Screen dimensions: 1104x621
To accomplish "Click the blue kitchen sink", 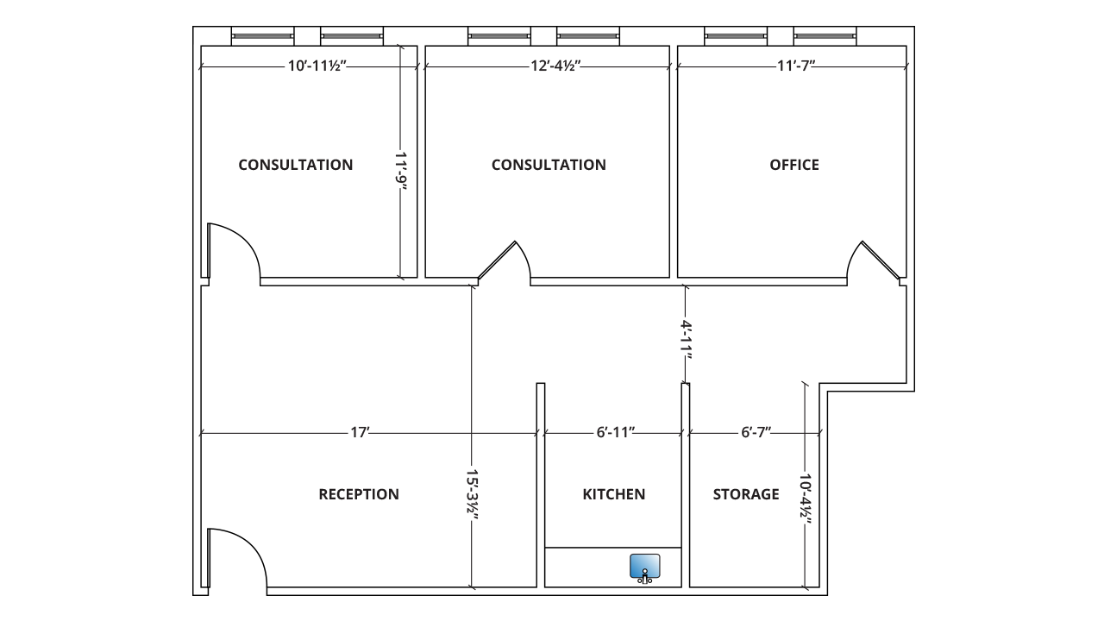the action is pyautogui.click(x=644, y=567).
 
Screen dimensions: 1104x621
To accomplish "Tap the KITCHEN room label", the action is pyautogui.click(x=613, y=494).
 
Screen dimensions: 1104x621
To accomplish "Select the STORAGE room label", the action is pyautogui.click(x=746, y=494).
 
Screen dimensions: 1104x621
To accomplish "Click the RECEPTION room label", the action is pyautogui.click(x=359, y=494).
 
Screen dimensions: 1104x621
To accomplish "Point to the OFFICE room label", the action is pyautogui.click(x=794, y=165).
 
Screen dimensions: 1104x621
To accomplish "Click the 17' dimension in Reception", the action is pyautogui.click(x=360, y=432).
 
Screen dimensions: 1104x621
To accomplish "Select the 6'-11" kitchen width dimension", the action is pyautogui.click(x=615, y=432).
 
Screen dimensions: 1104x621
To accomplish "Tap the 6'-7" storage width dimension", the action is pyautogui.click(x=756, y=432).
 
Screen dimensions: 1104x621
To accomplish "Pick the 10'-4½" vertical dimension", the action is pyautogui.click(x=806, y=496).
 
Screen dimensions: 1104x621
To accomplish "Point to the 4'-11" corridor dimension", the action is pyautogui.click(x=686, y=340).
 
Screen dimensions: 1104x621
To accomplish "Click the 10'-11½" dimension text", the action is pyautogui.click(x=317, y=66).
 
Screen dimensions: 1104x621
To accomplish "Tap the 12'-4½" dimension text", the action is pyautogui.click(x=555, y=66).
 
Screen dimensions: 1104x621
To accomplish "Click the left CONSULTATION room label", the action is pyautogui.click(x=296, y=165).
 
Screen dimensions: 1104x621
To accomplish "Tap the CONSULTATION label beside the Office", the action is pyautogui.click(x=549, y=165).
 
